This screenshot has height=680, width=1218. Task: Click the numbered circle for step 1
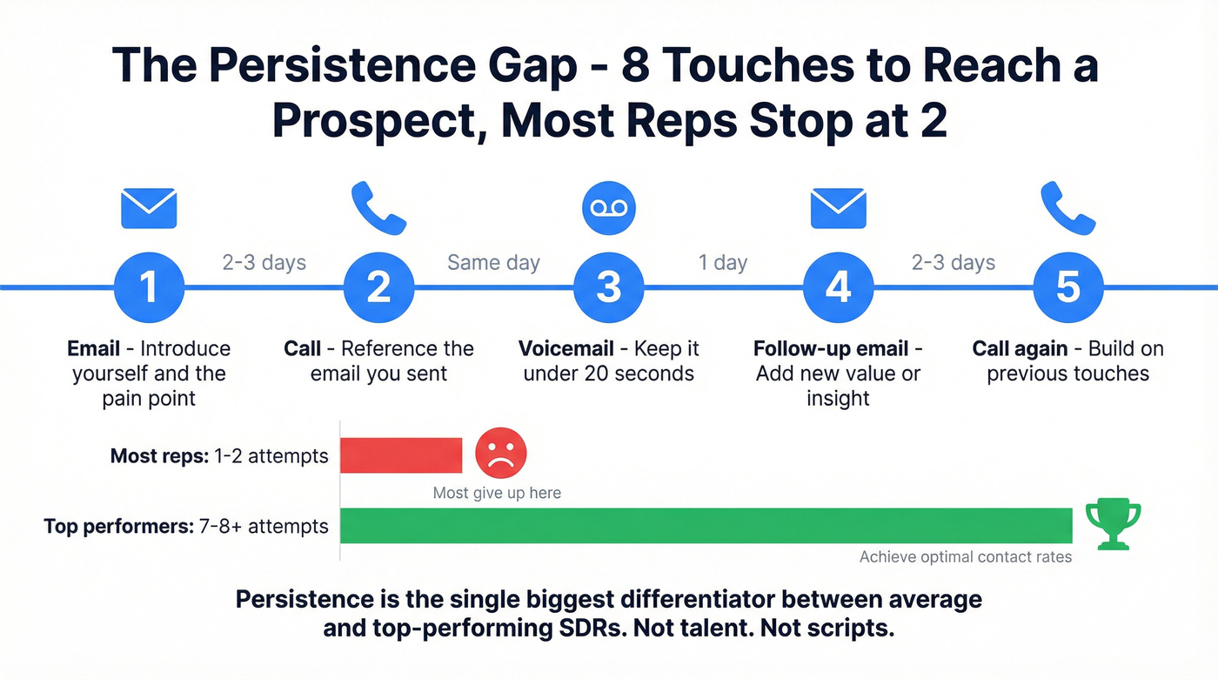[x=149, y=287]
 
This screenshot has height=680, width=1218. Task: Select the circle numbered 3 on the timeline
[x=608, y=287]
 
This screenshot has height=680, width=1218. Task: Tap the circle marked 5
[x=1067, y=287]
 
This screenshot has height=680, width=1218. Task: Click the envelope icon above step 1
[x=149, y=209]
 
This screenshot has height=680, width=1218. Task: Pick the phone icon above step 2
[x=378, y=207]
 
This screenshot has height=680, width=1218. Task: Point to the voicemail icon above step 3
[x=608, y=208]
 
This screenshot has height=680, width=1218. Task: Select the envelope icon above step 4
[x=838, y=209]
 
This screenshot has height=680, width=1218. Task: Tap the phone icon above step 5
[x=1067, y=207]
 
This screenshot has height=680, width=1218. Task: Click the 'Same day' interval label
[x=493, y=263]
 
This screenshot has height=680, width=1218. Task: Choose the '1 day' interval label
[x=723, y=263]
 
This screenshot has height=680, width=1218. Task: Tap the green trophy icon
[x=1113, y=525]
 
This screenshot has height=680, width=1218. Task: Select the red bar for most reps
[x=401, y=455]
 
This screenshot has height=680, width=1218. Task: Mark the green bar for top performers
[x=706, y=526]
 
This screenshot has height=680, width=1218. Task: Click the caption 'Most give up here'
[x=497, y=493]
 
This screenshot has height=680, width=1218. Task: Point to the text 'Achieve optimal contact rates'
[x=966, y=557]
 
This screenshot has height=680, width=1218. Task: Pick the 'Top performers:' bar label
[x=115, y=526]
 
